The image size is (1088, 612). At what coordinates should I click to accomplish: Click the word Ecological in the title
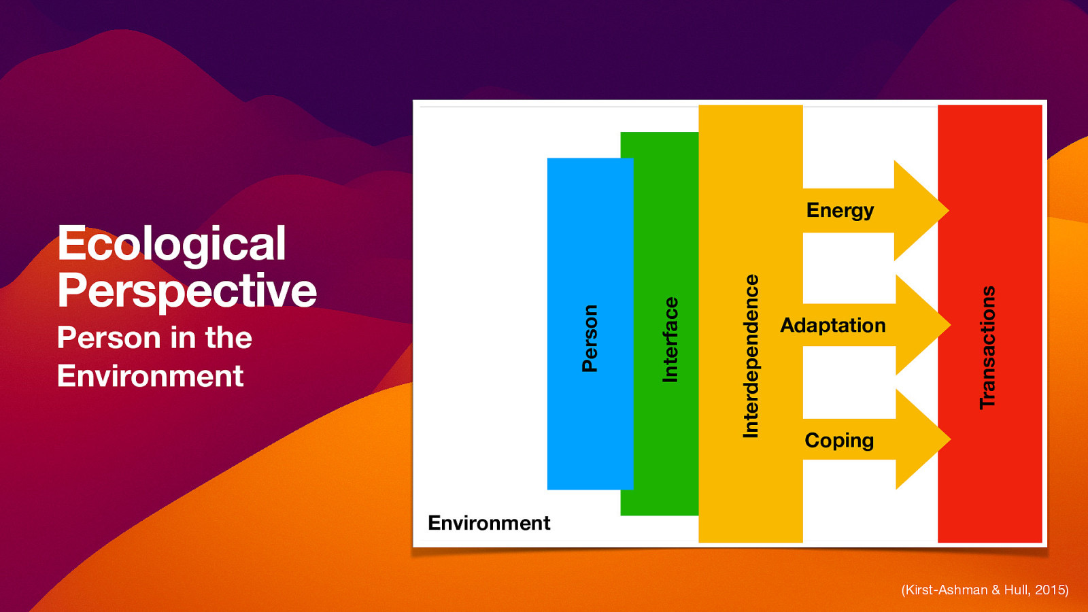(171, 243)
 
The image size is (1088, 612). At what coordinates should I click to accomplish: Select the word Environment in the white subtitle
(150, 376)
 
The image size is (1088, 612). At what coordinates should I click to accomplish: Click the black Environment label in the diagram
(489, 523)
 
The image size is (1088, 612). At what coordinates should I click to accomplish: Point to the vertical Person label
(590, 338)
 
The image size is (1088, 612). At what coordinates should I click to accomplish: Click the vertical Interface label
(670, 339)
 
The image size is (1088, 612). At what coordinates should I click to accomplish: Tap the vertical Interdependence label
(751, 356)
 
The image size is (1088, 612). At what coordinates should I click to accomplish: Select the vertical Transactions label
(987, 347)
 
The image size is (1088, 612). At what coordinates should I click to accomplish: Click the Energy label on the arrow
(840, 211)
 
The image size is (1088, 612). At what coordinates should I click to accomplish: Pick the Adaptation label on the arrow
(833, 326)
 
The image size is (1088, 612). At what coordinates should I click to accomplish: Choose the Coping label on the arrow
(839, 441)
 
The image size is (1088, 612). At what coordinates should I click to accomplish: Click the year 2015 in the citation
(1049, 590)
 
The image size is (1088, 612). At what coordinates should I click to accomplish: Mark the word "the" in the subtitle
(228, 338)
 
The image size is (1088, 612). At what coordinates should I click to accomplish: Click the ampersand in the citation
(996, 590)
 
